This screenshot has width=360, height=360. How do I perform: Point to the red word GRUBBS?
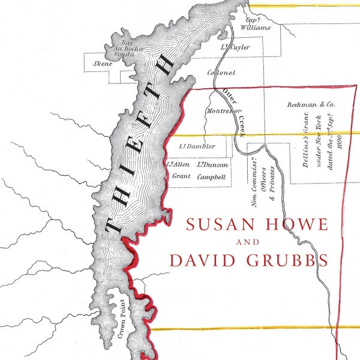pyautogui.click(x=292, y=262)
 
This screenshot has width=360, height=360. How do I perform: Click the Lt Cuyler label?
pyautogui.click(x=235, y=47)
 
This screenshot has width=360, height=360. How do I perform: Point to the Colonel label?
pyautogui.click(x=221, y=73)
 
